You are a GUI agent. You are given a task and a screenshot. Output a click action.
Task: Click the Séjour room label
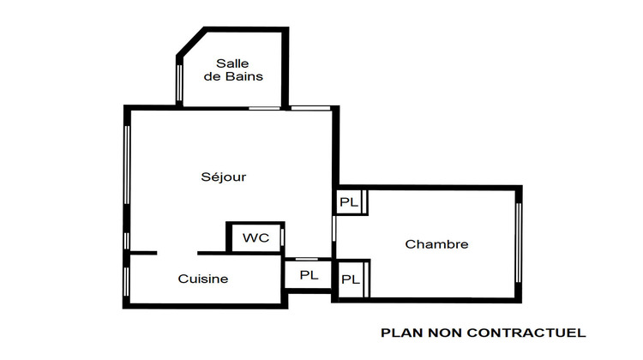point(224,177)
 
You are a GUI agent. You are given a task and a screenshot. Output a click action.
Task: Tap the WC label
point(255,237)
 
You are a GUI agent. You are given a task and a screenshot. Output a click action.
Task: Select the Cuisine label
point(203,279)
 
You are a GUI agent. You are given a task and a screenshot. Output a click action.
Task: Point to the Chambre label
point(436,244)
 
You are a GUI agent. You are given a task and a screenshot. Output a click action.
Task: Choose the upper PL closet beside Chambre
point(350,202)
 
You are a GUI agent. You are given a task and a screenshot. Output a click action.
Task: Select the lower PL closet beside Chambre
point(350,279)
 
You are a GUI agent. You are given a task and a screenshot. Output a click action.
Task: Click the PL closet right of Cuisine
point(309,275)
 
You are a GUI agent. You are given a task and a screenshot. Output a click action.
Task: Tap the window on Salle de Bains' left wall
point(179,81)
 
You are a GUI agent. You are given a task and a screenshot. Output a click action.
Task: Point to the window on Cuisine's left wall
point(127,279)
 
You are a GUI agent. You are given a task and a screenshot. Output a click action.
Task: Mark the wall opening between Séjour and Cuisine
point(177,253)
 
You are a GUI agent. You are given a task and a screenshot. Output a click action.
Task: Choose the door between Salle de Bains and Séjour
point(265,108)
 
